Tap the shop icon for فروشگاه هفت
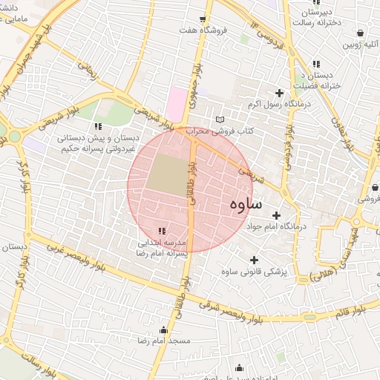(x=202, y=19)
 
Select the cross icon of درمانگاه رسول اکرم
(x=279, y=94)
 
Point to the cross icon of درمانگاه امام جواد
(x=276, y=214)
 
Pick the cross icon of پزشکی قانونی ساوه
(x=254, y=260)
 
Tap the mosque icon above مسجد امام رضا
(x=163, y=330)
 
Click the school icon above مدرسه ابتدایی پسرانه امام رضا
(x=162, y=231)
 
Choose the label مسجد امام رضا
(x=163, y=340)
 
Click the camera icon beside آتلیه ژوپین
(x=360, y=33)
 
